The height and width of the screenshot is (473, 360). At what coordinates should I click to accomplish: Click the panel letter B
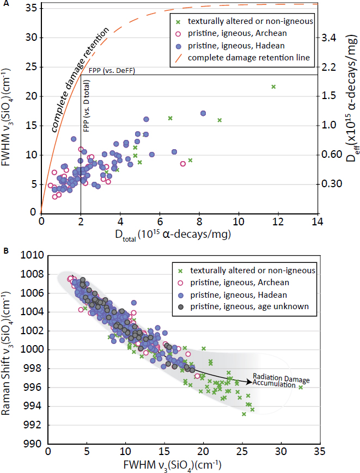[x=5, y=251]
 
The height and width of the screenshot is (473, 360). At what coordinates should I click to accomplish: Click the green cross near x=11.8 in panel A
[x=273, y=87]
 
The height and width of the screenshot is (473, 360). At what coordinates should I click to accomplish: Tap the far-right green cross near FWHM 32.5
[x=301, y=387]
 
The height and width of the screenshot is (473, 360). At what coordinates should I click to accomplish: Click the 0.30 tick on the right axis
[x=334, y=184]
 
